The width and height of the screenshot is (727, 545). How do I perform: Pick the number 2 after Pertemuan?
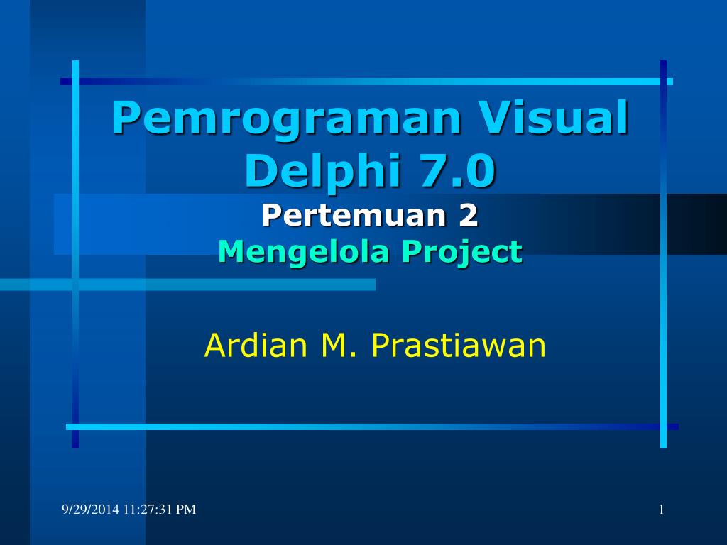point(468,216)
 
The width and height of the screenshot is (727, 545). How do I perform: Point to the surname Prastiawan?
point(458,346)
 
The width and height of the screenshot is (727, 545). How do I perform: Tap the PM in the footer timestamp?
point(187,509)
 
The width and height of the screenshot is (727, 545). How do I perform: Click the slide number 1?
point(661,509)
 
